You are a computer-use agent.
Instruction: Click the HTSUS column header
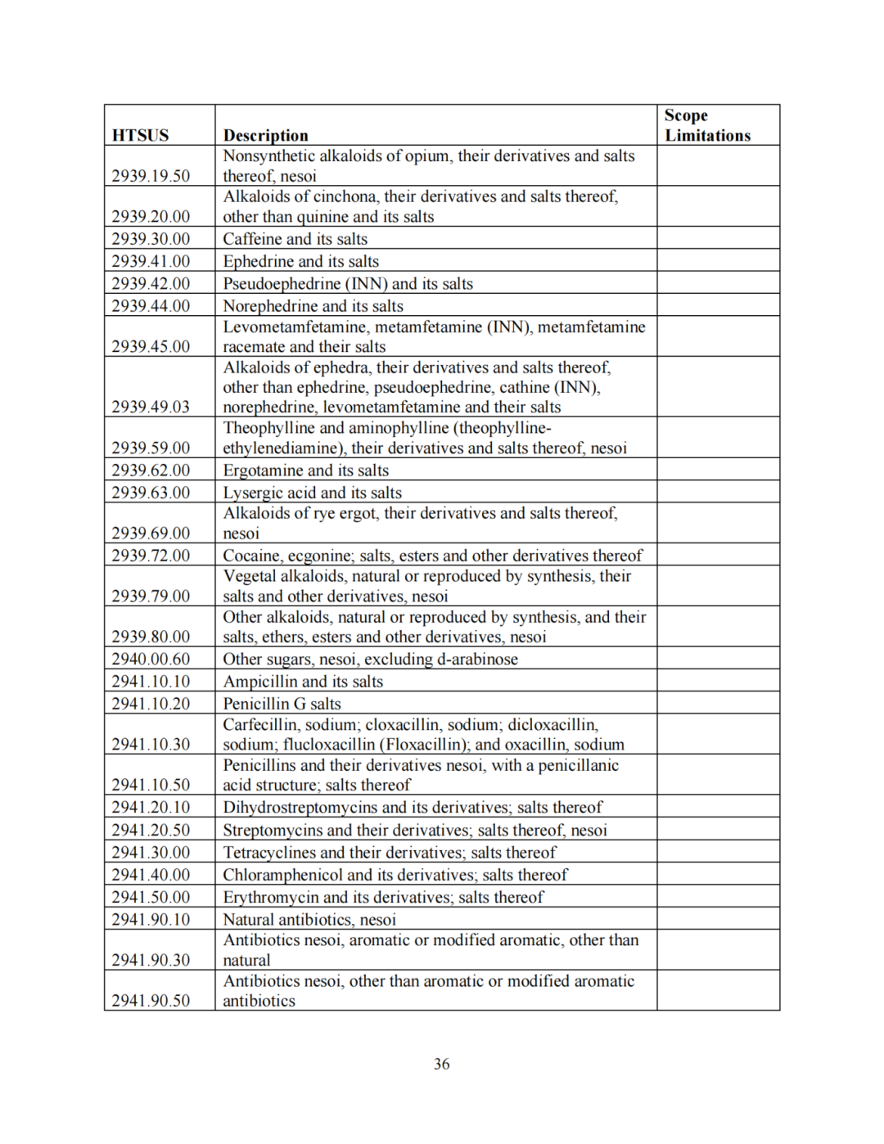[x=140, y=135]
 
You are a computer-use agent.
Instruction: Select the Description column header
[x=265, y=135]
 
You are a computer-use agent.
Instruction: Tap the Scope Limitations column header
[x=707, y=125]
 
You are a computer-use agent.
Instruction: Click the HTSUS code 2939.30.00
[x=151, y=239]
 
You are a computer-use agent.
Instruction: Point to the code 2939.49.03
[x=151, y=407]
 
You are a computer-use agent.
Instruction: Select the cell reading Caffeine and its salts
[x=295, y=239]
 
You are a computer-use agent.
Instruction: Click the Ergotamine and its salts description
[x=305, y=471]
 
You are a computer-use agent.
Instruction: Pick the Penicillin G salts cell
[x=282, y=704]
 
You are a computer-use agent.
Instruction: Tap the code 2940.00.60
[x=151, y=660]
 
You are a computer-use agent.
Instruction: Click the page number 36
[x=441, y=1064]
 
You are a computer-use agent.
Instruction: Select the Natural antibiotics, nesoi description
[x=309, y=920]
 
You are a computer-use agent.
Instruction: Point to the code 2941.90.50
[x=151, y=1001]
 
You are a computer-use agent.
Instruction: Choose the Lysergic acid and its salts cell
[x=312, y=493]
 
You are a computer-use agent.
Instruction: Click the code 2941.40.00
[x=151, y=875]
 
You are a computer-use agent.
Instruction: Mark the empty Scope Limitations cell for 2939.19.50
[x=717, y=165]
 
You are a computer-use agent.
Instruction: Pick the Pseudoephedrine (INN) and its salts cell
[x=348, y=284]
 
